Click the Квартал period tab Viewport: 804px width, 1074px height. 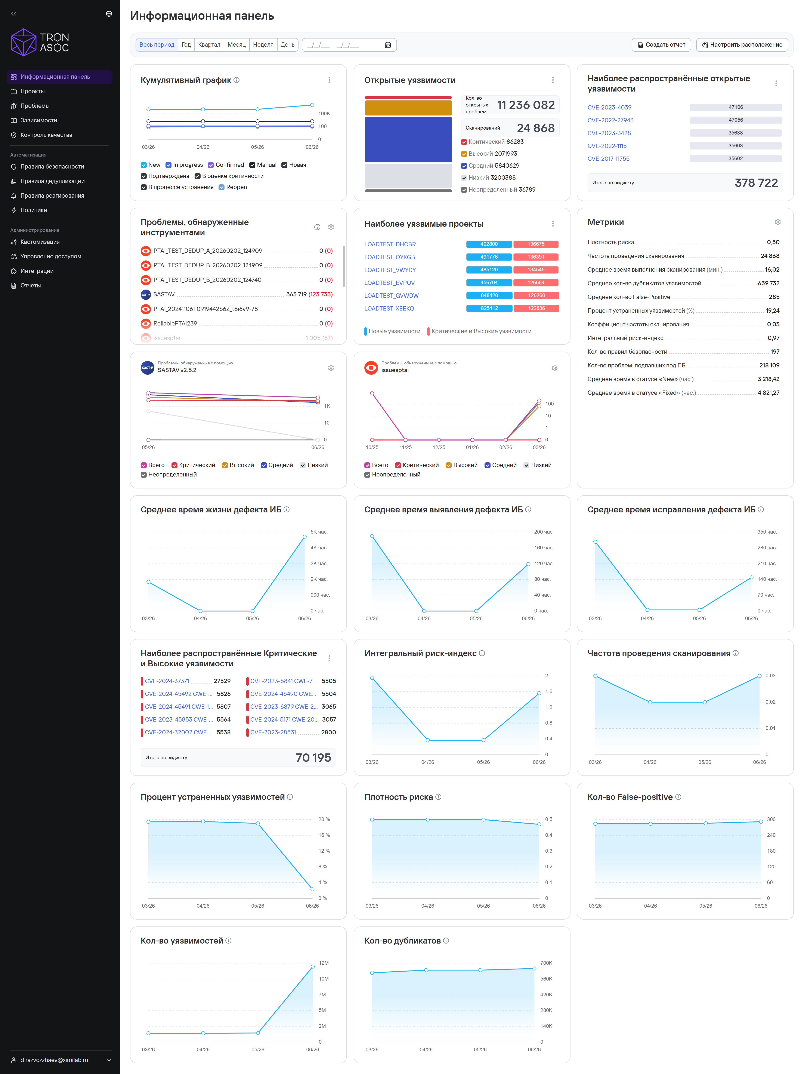click(209, 45)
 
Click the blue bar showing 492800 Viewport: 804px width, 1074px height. click(489, 244)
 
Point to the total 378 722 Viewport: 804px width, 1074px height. click(756, 183)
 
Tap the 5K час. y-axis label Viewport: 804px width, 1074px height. click(319, 532)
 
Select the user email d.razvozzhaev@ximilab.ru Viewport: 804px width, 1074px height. click(54, 1060)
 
